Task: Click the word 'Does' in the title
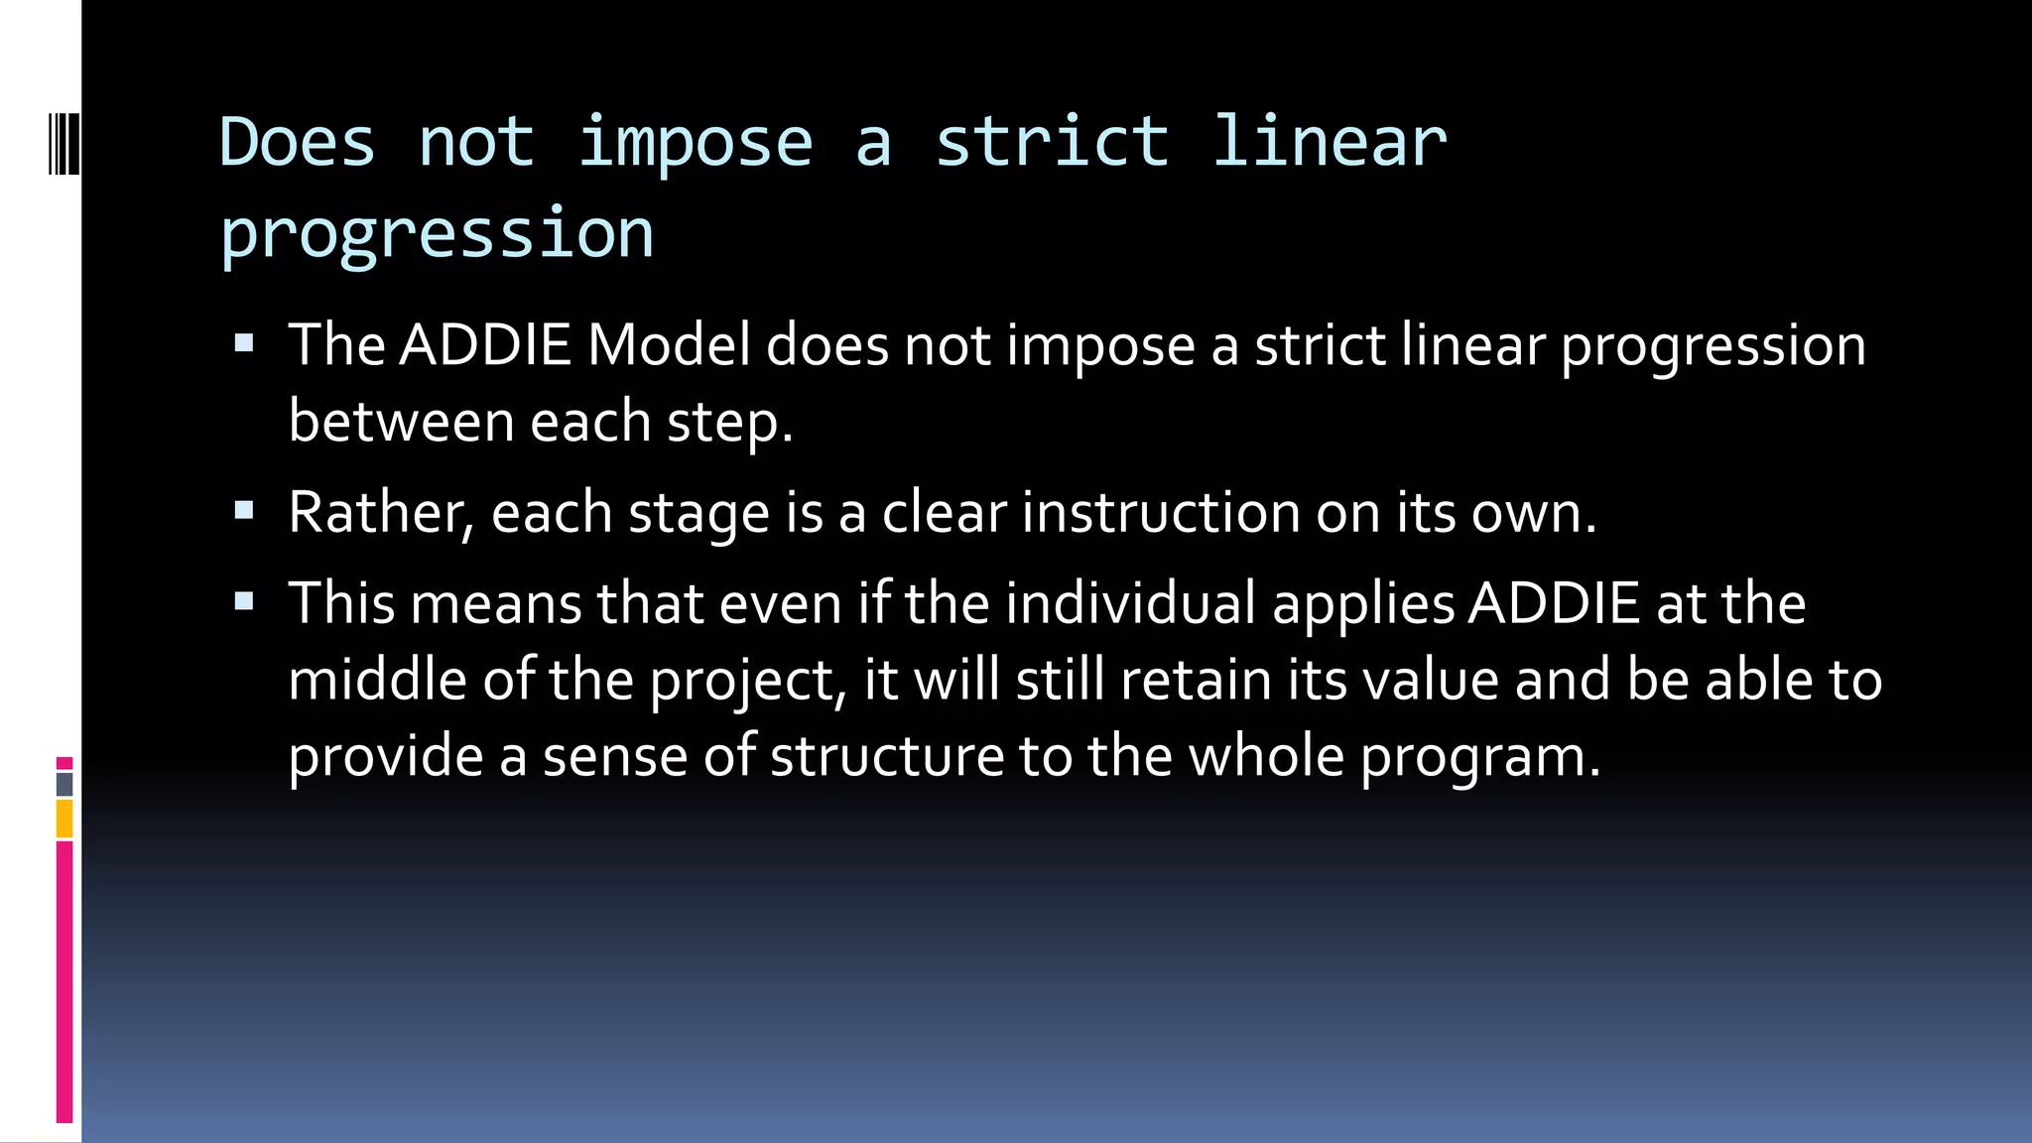click(x=297, y=142)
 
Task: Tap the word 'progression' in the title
click(x=437, y=234)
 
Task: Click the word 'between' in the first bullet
click(x=401, y=422)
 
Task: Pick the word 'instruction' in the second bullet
click(x=1161, y=513)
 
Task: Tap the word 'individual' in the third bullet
click(x=1130, y=603)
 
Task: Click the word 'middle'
click(x=377, y=681)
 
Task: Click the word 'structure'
click(x=887, y=756)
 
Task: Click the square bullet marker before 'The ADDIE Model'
click(x=244, y=344)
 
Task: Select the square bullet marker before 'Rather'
click(x=244, y=511)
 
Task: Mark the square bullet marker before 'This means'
click(x=244, y=601)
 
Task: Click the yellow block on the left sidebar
click(x=64, y=820)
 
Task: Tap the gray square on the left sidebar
click(x=64, y=784)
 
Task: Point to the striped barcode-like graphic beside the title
click(x=63, y=145)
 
